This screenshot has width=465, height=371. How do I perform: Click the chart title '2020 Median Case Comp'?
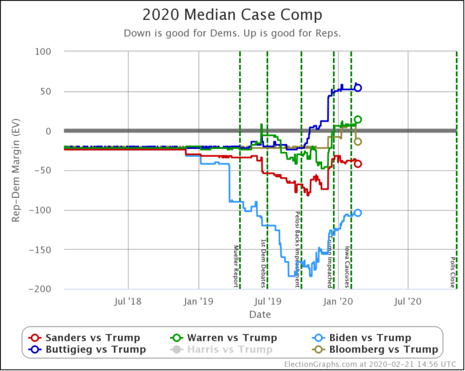pos(232,15)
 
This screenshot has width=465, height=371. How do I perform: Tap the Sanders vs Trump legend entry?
pos(85,338)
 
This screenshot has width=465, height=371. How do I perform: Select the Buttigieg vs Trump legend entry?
pos(85,349)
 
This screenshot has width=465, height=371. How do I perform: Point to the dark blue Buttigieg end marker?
pos(358,88)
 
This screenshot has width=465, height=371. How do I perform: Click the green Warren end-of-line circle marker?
pos(358,120)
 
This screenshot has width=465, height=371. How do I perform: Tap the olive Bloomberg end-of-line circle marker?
pos(358,142)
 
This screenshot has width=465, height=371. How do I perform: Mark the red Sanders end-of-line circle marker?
pos(358,163)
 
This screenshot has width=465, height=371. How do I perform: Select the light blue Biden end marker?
pos(358,212)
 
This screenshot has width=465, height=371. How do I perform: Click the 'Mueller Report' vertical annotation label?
pos(236,266)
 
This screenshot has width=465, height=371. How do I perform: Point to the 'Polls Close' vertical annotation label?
pos(453,272)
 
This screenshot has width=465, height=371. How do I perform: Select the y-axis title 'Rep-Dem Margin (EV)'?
pos(16,171)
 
